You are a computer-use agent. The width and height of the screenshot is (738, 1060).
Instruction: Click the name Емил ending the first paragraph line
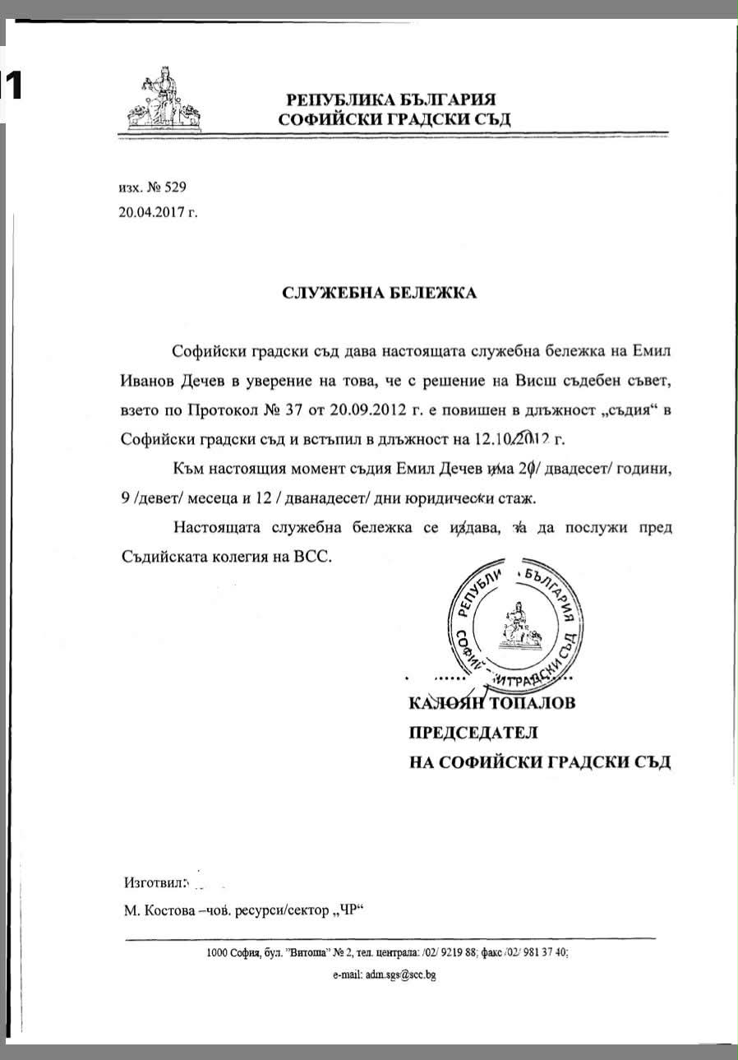[653, 351]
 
